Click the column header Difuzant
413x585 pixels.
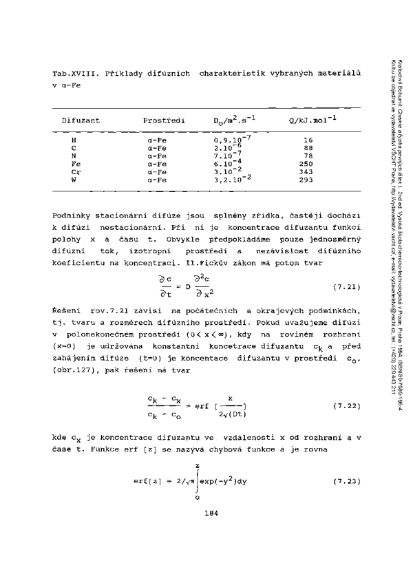tap(81, 120)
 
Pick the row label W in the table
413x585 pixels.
tap(74, 180)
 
